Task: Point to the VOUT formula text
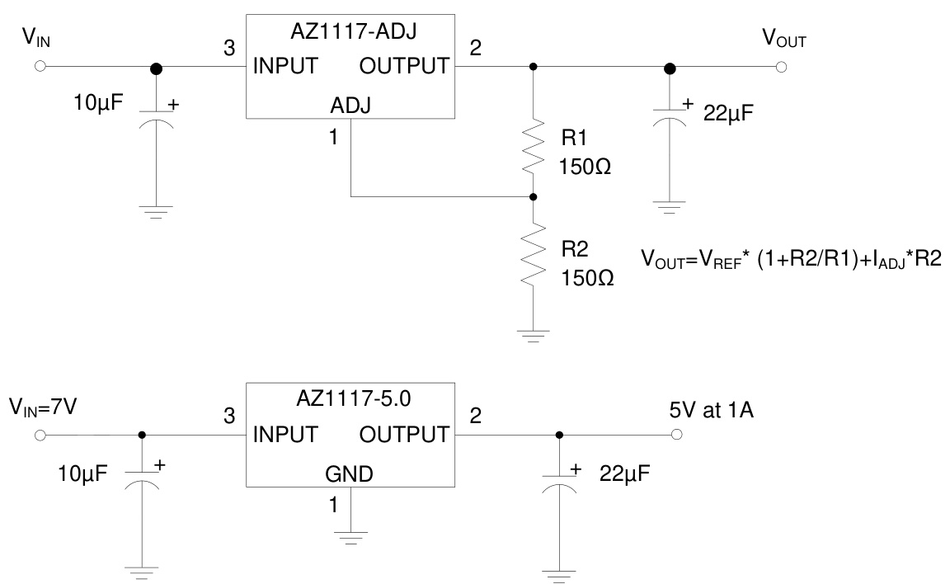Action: click(x=791, y=259)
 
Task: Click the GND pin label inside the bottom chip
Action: click(x=350, y=473)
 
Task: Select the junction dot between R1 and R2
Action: click(x=534, y=197)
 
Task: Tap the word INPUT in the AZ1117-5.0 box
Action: click(x=286, y=434)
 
